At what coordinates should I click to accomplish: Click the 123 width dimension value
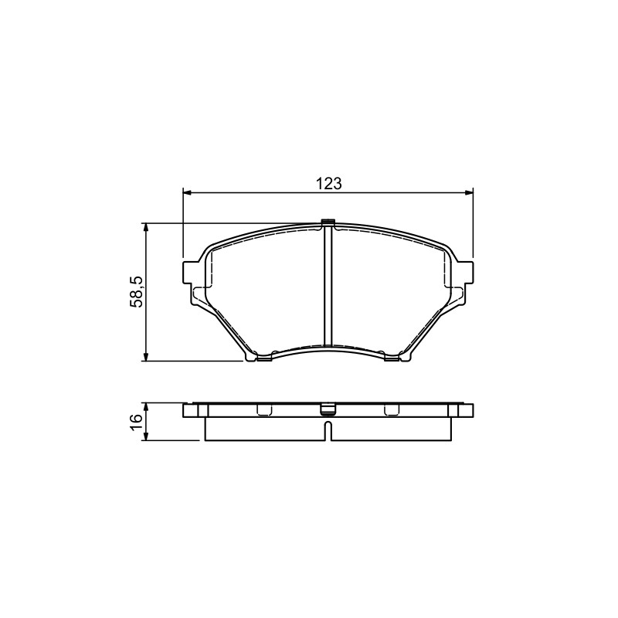pos(329,183)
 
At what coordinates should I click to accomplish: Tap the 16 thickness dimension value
pos(136,422)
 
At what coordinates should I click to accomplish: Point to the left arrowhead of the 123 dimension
pos(187,192)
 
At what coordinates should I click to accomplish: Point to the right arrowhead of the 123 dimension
pos(469,192)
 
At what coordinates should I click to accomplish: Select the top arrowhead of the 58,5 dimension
pos(146,227)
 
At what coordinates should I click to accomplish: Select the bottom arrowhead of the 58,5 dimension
pos(146,357)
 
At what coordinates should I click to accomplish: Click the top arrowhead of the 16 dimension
pos(146,407)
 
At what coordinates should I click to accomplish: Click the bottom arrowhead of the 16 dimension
pos(146,436)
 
